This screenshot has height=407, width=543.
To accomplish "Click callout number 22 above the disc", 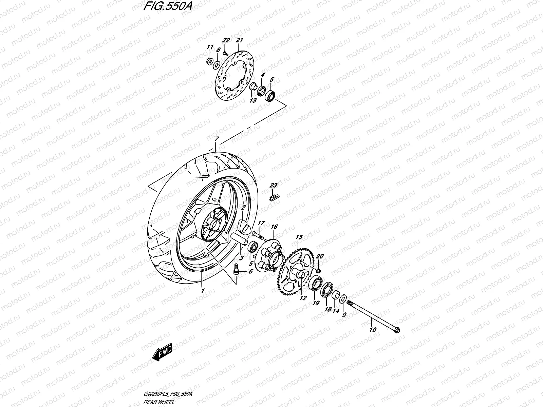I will (226, 40).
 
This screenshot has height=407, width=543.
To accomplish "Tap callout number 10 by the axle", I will (373, 329).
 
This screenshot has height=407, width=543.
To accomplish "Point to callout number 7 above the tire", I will (216, 139).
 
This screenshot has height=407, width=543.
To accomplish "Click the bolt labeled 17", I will (258, 234).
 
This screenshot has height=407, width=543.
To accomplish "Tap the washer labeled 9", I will (343, 299).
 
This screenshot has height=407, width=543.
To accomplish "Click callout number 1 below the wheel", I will (203, 290).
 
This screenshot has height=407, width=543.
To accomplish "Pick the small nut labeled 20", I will (319, 270).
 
